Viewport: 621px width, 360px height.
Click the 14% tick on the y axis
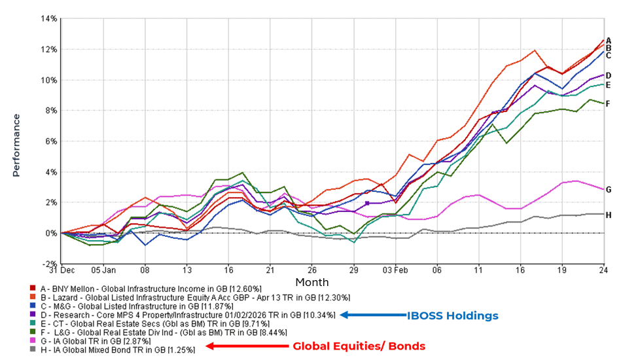[x=48, y=18]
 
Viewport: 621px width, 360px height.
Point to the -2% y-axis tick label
[x=49, y=263]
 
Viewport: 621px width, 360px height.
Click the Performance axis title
[x=15, y=141]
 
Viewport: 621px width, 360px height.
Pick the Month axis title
[x=308, y=282]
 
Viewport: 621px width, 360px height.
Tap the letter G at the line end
[x=609, y=190]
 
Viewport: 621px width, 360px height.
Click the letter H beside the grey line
[x=609, y=215]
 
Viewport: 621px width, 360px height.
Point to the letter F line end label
[x=608, y=103]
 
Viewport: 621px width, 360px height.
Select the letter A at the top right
[x=609, y=41]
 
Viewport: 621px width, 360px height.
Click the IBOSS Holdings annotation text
[x=453, y=315]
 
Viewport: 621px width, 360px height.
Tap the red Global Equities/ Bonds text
[x=359, y=346]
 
